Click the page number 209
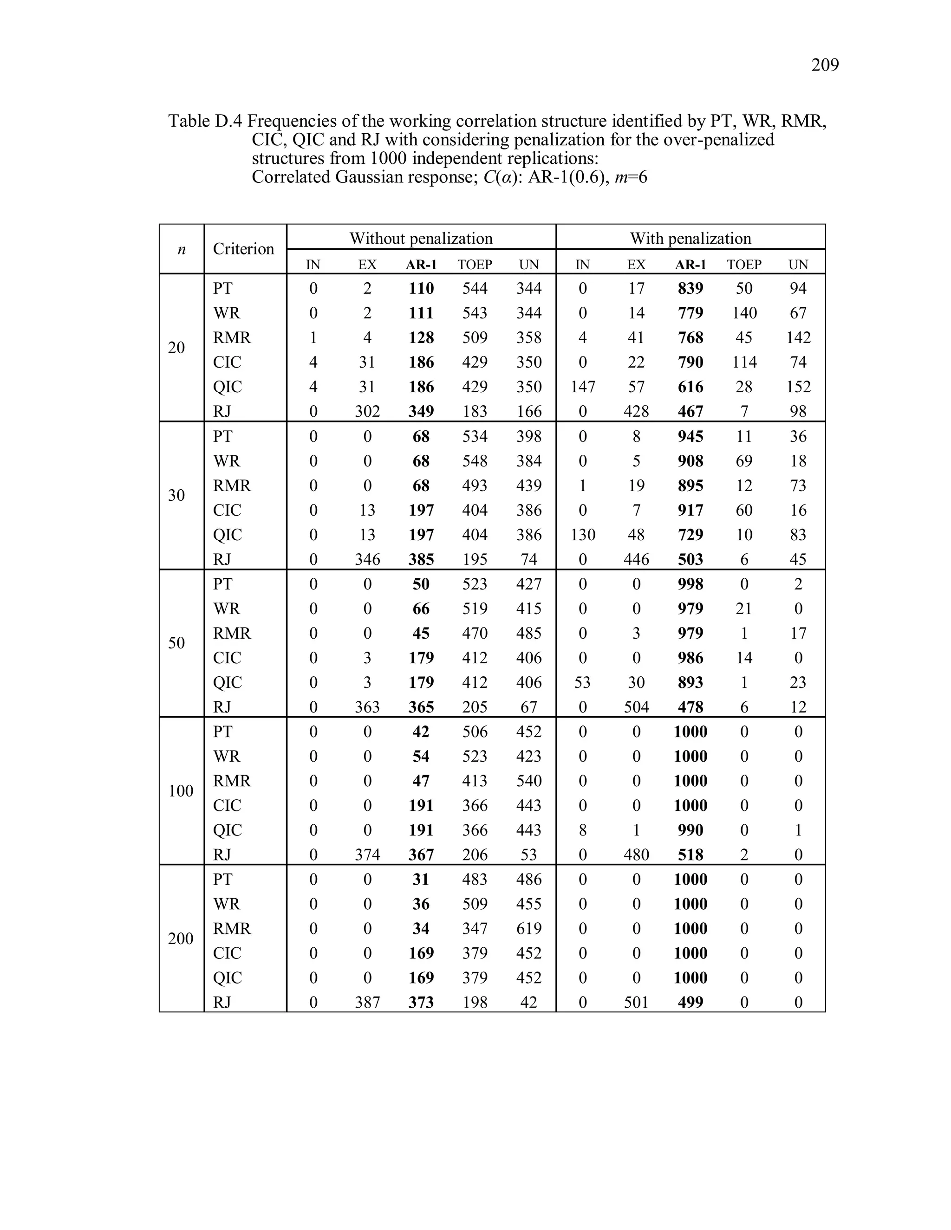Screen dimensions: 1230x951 click(x=824, y=65)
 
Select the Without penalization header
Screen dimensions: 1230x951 click(x=421, y=238)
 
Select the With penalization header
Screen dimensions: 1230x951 click(x=690, y=238)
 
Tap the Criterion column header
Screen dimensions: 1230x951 click(x=243, y=249)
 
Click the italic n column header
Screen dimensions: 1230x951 click(x=182, y=249)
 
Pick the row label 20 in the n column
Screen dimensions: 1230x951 click(x=176, y=348)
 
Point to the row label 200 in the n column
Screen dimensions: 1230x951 click(x=180, y=938)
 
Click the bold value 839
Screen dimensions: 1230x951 click(x=690, y=288)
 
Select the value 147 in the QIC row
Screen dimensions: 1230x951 click(x=583, y=387)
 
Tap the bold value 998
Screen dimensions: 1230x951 click(x=690, y=584)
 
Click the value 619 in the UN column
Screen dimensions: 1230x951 click(x=528, y=928)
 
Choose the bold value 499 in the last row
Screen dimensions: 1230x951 click(x=690, y=1002)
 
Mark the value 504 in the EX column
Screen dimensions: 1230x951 click(x=636, y=707)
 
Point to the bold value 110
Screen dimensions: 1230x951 click(x=421, y=288)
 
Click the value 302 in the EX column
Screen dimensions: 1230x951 click(x=367, y=412)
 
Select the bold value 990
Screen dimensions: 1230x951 click(x=690, y=830)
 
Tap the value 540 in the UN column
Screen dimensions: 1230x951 click(x=528, y=781)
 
